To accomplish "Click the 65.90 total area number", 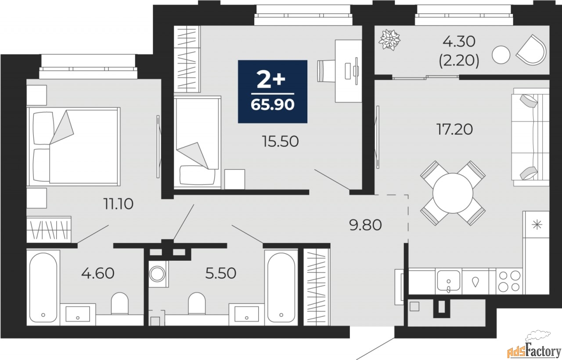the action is tap(273, 104).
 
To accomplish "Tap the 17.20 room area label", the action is tap(454, 130).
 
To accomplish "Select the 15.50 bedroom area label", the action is tap(280, 141).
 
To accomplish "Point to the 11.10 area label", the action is tap(119, 204).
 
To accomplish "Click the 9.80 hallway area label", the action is tap(366, 225).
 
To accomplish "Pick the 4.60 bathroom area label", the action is tap(98, 273).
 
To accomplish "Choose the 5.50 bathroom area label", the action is tap(221, 273).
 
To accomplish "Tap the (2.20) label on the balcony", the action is tap(459, 61).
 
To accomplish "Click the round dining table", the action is tap(453, 193).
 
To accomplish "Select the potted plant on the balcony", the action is tap(389, 40).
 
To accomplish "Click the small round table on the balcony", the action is tap(501, 55).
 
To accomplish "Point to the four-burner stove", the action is tap(509, 281).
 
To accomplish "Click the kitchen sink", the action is tap(449, 281).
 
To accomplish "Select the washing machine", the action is tap(157, 274).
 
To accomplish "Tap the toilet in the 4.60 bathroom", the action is tap(120, 303).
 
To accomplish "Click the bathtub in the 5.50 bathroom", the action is tap(281, 287).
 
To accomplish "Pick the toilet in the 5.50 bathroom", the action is tap(197, 303).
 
